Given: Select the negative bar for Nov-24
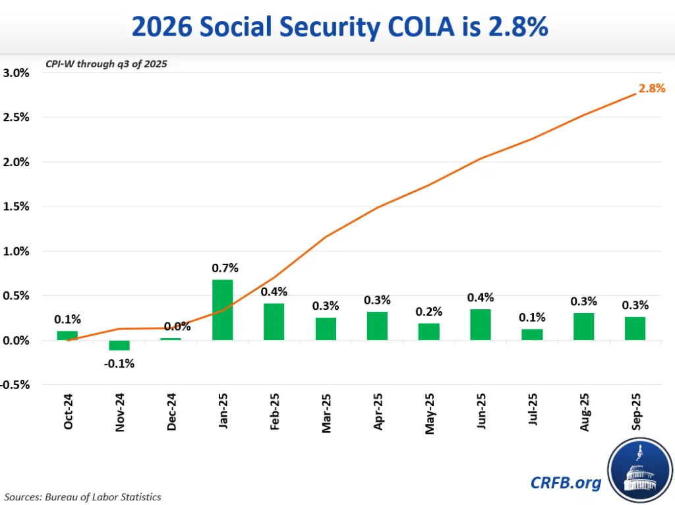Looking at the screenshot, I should click(119, 345).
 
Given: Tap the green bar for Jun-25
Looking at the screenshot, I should click(481, 324).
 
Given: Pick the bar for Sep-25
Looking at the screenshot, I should click(635, 328).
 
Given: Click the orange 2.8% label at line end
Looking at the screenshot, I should click(652, 88).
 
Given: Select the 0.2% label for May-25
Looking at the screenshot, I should click(429, 311).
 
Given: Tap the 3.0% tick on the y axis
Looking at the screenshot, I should click(16, 73).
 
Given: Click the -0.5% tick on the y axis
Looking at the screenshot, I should click(15, 385).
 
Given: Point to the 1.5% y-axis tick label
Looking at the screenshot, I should click(16, 206).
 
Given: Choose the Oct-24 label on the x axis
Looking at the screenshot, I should click(69, 413).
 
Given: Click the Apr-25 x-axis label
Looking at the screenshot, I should click(378, 413).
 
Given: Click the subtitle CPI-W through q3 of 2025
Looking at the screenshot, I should click(106, 64).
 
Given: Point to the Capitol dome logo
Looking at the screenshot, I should click(637, 469).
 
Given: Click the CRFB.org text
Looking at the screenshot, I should click(566, 483).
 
